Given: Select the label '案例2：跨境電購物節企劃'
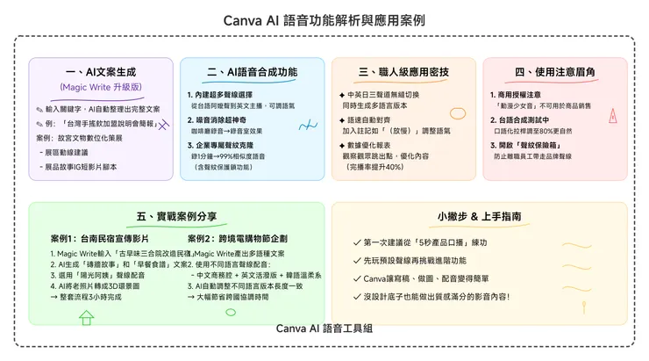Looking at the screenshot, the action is coord(239,239).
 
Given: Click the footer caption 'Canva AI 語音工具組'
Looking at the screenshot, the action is coord(324,329).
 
